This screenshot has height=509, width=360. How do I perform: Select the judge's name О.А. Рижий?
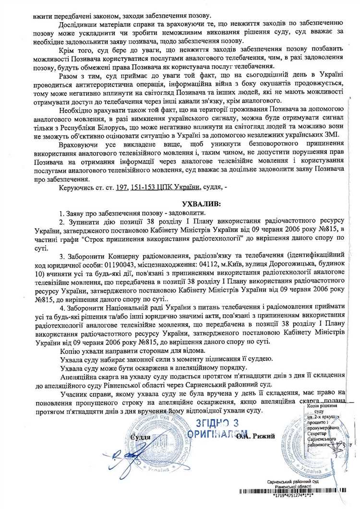259,436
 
